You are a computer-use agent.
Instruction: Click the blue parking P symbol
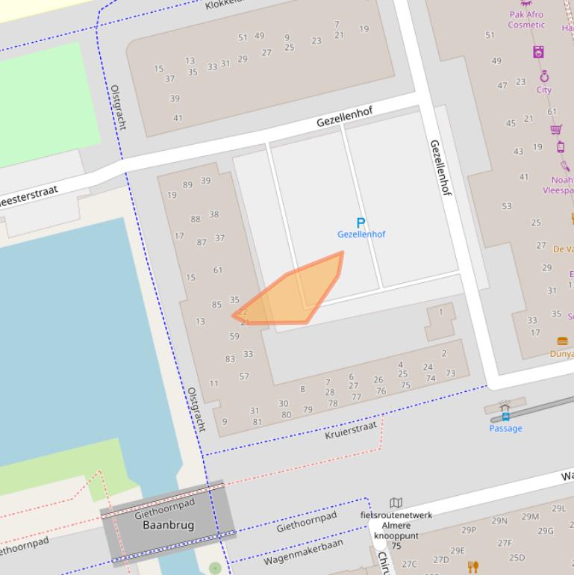click(361, 223)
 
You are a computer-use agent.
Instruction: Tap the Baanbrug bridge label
click(168, 525)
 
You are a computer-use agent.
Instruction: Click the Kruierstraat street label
click(351, 429)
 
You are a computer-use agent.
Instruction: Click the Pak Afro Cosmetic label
click(526, 19)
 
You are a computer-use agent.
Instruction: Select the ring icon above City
click(544, 76)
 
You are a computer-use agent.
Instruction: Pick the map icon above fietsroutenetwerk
click(396, 503)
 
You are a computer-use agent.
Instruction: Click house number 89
click(187, 184)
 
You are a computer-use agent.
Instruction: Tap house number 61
click(217, 270)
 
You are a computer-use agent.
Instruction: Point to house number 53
click(507, 205)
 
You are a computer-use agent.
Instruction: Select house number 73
click(450, 373)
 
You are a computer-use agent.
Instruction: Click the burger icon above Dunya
click(562, 341)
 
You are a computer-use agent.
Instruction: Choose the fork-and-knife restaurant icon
click(472, 567)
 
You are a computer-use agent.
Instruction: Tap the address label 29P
click(468, 530)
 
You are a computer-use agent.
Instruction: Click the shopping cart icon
click(556, 129)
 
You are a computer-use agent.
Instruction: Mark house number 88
click(196, 219)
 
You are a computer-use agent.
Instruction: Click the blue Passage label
click(505, 428)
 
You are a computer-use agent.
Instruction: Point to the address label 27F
click(505, 543)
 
